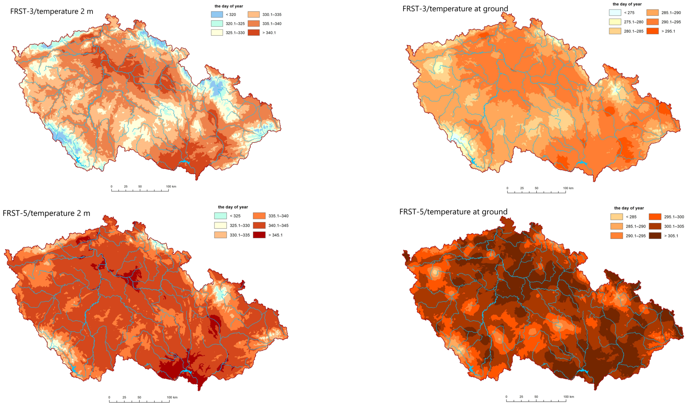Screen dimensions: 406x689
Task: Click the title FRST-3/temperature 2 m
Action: (x=52, y=11)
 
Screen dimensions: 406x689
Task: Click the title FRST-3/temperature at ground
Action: (x=455, y=9)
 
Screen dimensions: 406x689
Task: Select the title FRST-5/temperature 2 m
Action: (x=46, y=213)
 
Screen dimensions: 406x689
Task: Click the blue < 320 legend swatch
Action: (x=217, y=15)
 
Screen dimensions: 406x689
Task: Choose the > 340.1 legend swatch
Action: (x=253, y=33)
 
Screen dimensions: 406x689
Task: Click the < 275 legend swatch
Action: (x=615, y=13)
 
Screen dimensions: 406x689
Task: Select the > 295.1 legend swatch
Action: (x=652, y=31)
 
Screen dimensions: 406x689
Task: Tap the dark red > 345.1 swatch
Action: (x=259, y=235)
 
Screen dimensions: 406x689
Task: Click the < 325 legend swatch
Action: (x=220, y=216)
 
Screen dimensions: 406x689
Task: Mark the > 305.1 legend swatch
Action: (x=655, y=236)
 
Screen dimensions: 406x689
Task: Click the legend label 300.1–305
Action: (x=674, y=226)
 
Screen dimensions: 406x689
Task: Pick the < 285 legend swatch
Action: (x=617, y=217)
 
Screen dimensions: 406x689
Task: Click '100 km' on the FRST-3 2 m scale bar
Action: (x=171, y=186)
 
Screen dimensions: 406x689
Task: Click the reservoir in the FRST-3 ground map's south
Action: (x=581, y=163)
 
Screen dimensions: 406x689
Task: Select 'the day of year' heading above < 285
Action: (x=629, y=208)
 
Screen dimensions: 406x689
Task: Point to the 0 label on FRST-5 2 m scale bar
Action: (x=109, y=397)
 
